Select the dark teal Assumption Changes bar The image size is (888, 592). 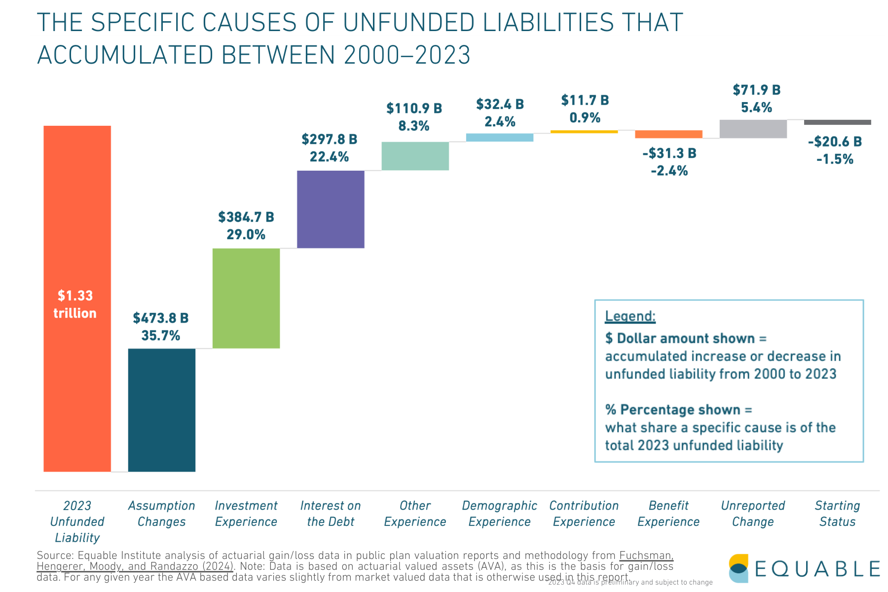click(161, 410)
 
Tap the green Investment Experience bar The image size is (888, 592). click(246, 298)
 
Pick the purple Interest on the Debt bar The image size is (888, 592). click(331, 209)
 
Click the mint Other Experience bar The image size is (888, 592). click(415, 156)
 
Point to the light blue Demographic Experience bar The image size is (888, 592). click(499, 138)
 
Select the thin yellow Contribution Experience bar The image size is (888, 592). click(584, 132)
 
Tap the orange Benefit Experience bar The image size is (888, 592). click(668, 134)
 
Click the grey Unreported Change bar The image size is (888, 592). click(753, 129)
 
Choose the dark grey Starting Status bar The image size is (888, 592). click(837, 122)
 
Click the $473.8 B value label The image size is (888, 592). click(161, 318)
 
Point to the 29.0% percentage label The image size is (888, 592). click(246, 234)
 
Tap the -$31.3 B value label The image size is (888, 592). click(669, 153)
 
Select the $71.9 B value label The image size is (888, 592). click(756, 90)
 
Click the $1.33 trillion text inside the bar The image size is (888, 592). click(75, 304)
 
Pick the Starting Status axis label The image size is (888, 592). click(837, 514)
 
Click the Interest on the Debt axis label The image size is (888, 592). click(331, 514)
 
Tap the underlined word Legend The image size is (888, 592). click(630, 316)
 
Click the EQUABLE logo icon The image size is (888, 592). click(739, 568)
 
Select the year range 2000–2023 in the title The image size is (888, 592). click(407, 55)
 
